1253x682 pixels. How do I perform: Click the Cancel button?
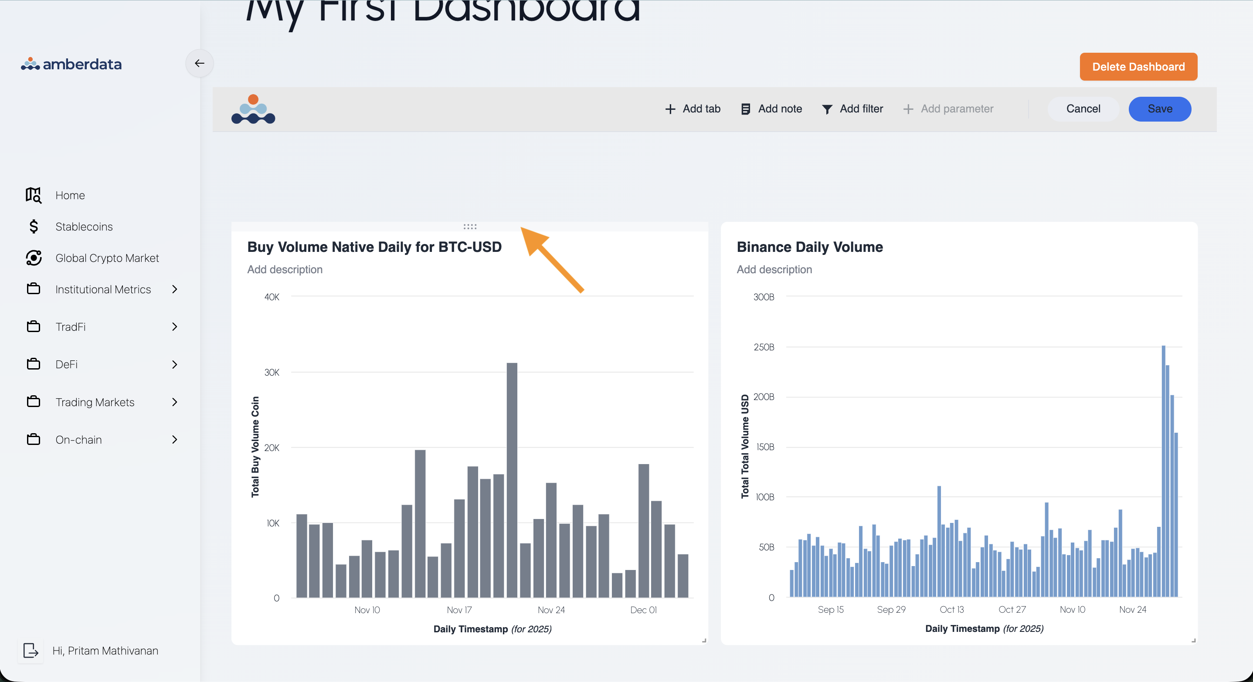point(1083,109)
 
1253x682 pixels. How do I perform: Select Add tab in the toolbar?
point(693,109)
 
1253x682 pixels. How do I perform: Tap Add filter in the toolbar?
point(852,109)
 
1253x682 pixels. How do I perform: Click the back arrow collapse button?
point(200,63)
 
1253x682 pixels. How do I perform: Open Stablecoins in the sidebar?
point(84,227)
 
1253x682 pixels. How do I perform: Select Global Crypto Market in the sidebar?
point(107,258)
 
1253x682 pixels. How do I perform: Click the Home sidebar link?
point(70,196)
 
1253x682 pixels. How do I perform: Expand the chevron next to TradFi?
point(175,327)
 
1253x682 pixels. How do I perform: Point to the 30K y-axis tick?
point(272,373)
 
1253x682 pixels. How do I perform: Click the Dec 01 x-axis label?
point(643,610)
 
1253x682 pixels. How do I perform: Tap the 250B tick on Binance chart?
point(764,347)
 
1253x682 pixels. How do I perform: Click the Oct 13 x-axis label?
point(951,610)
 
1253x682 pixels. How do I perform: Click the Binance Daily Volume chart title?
point(809,247)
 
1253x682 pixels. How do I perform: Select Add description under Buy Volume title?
point(285,269)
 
